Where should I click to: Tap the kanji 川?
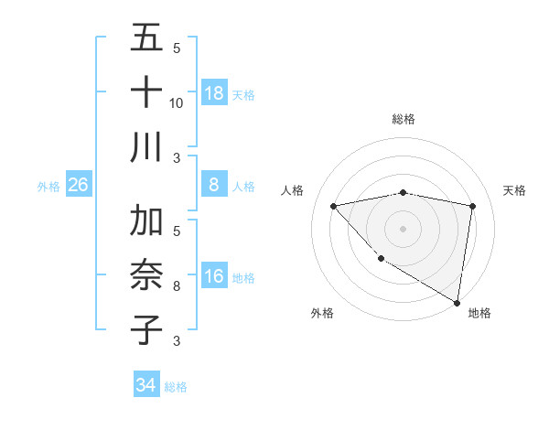tap(146, 147)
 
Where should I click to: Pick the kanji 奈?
tap(146, 275)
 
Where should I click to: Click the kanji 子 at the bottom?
tap(146, 330)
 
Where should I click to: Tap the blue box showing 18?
tap(214, 93)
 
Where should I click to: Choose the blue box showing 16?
tap(214, 276)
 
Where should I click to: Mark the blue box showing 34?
tap(145, 385)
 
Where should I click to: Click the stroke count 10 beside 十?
tap(177, 103)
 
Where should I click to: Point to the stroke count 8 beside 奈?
tap(177, 286)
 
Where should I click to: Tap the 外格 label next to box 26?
tap(48, 187)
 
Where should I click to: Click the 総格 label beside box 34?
tap(176, 387)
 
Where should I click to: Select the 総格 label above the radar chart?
tap(403, 120)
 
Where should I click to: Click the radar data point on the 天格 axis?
tap(472, 206)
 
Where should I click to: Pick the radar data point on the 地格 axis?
tap(457, 302)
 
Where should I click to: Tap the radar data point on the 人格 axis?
tap(333, 206)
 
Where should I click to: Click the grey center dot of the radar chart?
tap(403, 228)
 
